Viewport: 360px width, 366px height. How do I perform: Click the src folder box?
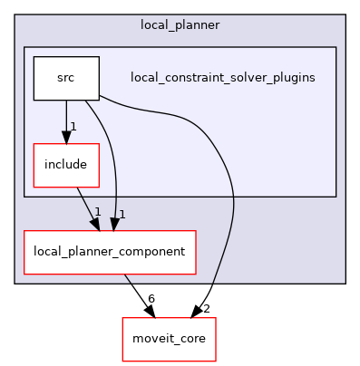pos(65,78)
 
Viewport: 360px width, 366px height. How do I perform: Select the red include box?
pos(65,164)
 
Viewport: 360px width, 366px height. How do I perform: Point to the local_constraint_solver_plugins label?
pos(223,78)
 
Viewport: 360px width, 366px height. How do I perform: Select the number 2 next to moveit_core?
pos(208,309)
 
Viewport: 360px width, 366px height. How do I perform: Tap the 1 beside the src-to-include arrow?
pos(73,126)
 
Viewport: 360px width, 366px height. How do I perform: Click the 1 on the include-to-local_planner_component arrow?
pos(96,212)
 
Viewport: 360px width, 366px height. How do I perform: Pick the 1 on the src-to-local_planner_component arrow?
pos(121,214)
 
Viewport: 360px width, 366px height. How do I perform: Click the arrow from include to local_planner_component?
pos(87,205)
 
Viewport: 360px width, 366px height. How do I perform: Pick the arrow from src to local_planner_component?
pos(114,163)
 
